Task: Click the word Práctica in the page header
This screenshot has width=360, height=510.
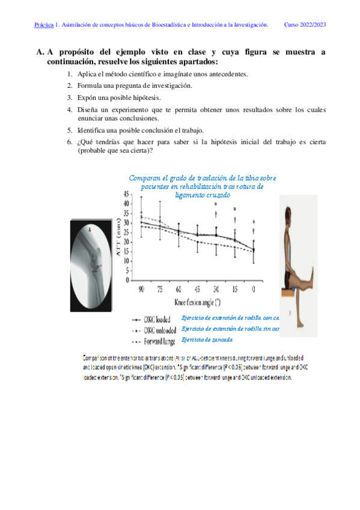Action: point(43,25)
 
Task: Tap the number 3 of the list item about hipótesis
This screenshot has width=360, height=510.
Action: point(70,97)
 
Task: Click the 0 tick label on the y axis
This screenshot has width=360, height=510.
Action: point(127,280)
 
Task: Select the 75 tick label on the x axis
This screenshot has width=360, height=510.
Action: point(160,289)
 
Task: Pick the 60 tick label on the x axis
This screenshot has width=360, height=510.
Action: point(178,289)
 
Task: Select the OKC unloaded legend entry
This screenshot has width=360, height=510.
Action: point(162,330)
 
